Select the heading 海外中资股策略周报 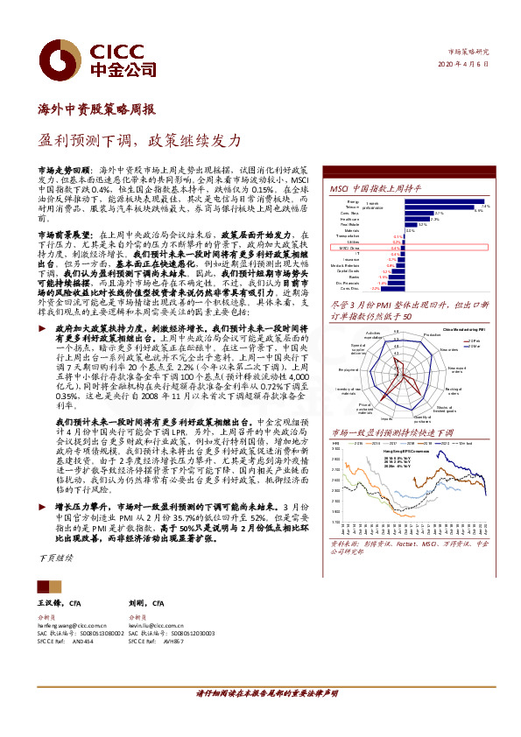pos(97,110)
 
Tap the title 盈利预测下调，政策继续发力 pos(140,140)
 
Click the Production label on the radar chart pos(432,336)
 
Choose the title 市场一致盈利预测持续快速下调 pos(391,432)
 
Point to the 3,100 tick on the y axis pos(335,447)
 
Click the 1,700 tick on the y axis pos(335,523)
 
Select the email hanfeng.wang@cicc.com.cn pos(72,626)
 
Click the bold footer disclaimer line pos(265,717)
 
